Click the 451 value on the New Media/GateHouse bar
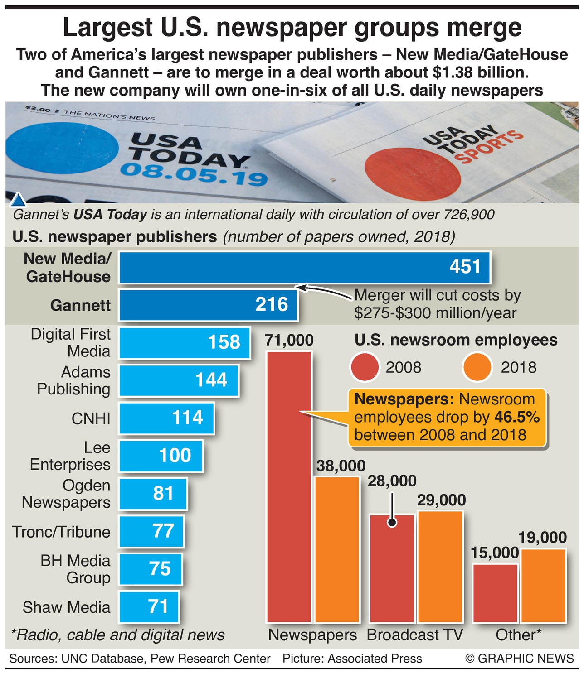[x=465, y=267]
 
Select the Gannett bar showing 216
[x=208, y=305]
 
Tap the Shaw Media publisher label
[x=66, y=607]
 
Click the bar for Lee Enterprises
[x=161, y=456]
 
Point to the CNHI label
[x=91, y=418]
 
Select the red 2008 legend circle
[x=365, y=367]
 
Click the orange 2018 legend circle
[x=477, y=367]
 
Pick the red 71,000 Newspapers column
[x=289, y=487]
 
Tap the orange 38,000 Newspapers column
[x=337, y=549]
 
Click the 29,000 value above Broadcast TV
[x=441, y=500]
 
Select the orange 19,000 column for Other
[x=543, y=585]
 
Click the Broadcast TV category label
[x=414, y=635]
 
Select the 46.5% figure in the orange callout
[x=517, y=417]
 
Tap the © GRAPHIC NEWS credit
[x=520, y=658]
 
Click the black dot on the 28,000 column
[x=392, y=523]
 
